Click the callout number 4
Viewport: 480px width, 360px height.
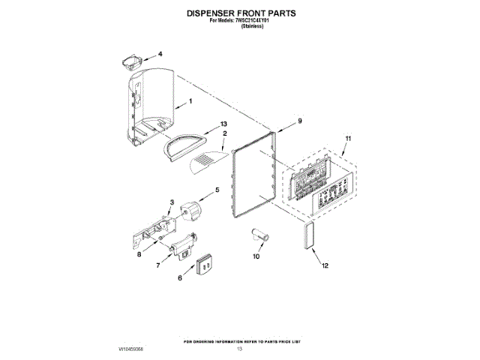159,55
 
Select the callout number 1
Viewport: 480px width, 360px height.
190,101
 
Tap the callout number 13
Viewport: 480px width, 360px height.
223,124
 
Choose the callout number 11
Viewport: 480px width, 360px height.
348,138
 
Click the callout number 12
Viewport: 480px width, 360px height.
325,265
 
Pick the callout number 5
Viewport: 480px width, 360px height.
217,190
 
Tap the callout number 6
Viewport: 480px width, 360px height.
180,277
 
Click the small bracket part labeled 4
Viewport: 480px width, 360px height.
130,59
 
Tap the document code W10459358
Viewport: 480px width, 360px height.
130,349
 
